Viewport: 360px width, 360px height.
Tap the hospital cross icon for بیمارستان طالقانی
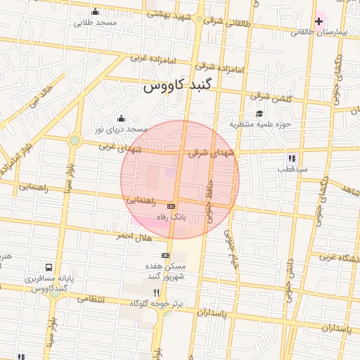320,22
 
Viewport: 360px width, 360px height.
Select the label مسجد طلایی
97,22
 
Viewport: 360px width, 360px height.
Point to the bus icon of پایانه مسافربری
49,267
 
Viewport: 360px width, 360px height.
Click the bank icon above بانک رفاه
172,206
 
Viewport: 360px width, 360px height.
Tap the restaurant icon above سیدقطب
291,158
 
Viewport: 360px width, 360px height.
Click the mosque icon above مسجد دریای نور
121,118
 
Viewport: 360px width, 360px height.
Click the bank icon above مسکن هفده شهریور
166,255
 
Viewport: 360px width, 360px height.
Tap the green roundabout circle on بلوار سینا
75,141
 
